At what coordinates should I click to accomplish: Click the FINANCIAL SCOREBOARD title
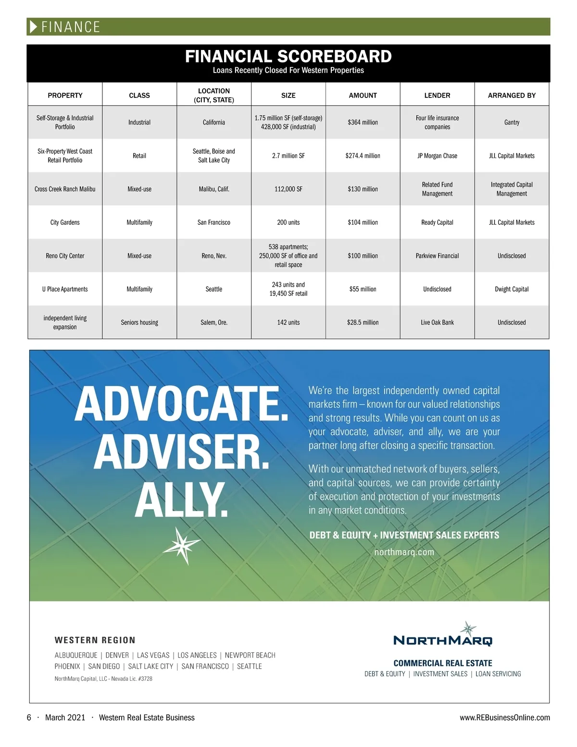pos(288,56)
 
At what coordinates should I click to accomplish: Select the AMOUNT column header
pos(363,95)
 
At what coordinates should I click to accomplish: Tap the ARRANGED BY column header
pos(512,95)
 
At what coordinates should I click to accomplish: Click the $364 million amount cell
pos(363,122)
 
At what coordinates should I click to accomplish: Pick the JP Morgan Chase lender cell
pos(437,156)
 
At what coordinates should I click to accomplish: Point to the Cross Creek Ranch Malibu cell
pos(65,189)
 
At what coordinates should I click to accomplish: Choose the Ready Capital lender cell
pos(437,222)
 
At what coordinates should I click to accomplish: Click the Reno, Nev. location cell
pos(214,256)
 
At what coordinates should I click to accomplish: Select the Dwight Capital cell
pos(512,289)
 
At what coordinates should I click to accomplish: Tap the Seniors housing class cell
pos(139,322)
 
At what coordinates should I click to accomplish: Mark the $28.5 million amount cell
pos(363,322)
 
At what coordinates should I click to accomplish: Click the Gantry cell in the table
pos(512,122)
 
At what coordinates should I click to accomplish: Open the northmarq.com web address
pos(404,552)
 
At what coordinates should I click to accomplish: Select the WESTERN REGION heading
pos(95,640)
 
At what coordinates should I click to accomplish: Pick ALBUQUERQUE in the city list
pos(76,655)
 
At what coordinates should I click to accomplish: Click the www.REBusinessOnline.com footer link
pos(504,718)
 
